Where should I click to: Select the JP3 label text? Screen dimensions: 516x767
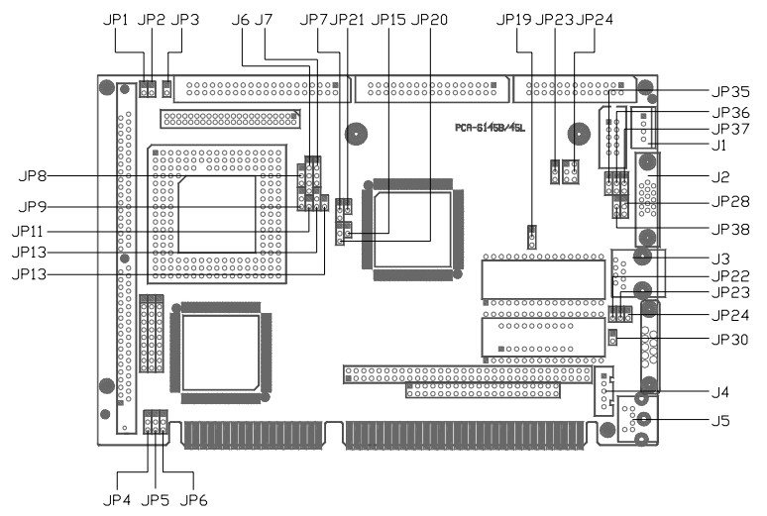point(185,20)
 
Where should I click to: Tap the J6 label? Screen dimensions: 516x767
point(240,20)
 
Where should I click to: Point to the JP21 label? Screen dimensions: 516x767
point(347,20)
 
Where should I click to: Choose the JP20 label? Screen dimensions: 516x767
point(429,20)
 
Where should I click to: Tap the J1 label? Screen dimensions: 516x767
point(719,146)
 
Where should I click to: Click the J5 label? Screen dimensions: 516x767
point(720,421)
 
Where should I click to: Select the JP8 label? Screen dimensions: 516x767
point(34,175)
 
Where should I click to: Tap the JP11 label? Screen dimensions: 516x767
point(34,230)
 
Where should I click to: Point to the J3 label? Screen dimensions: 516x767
point(720,258)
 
